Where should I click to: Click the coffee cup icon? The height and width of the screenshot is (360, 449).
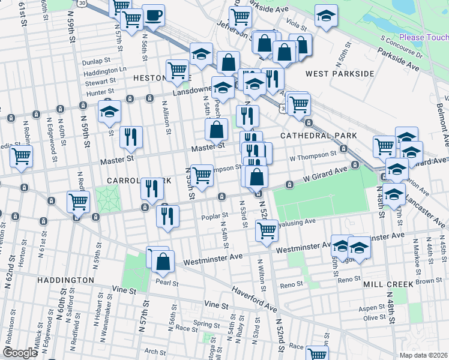[x=153, y=16]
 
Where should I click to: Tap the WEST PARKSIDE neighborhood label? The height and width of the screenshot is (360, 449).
[x=340, y=74]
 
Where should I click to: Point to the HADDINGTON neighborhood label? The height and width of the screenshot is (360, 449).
[x=65, y=280]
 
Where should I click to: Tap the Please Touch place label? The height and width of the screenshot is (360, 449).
[x=423, y=37]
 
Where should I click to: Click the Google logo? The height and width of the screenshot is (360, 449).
[x=20, y=353]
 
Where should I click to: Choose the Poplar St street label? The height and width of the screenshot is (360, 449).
[x=215, y=215]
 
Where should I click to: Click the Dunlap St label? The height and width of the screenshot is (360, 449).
[x=97, y=61]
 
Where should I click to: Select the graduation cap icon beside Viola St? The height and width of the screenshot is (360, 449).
[x=326, y=16]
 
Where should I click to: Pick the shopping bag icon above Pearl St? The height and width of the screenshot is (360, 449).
[x=163, y=261]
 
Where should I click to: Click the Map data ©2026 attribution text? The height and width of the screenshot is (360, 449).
[x=424, y=355]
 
